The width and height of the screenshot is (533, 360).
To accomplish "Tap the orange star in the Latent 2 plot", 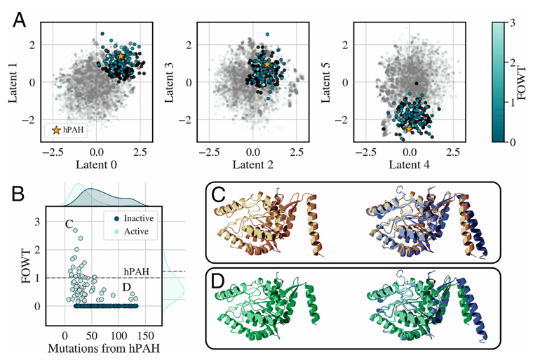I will tap(267, 64).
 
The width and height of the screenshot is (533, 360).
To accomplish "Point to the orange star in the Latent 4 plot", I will tap(410, 128).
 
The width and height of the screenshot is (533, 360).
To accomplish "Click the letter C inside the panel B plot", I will tap(69, 225).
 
